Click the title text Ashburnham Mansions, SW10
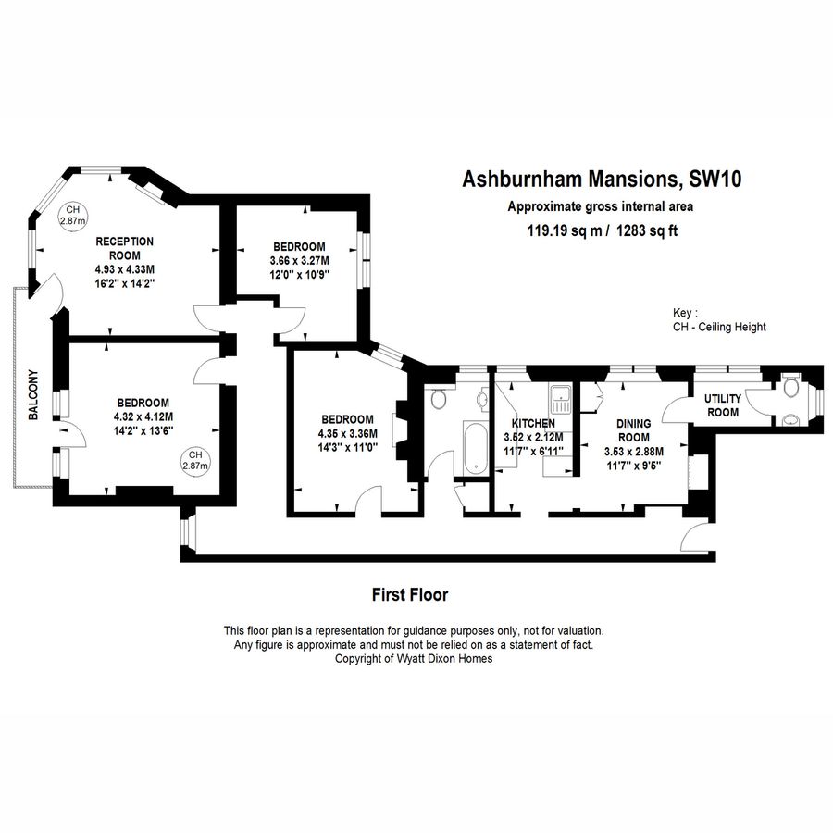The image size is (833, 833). [601, 178]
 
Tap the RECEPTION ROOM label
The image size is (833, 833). [125, 248]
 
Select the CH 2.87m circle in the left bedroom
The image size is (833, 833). [195, 460]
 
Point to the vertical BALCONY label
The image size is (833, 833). [33, 395]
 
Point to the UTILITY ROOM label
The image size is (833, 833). [723, 405]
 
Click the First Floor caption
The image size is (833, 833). [409, 594]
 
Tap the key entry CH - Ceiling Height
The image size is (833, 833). [719, 328]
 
